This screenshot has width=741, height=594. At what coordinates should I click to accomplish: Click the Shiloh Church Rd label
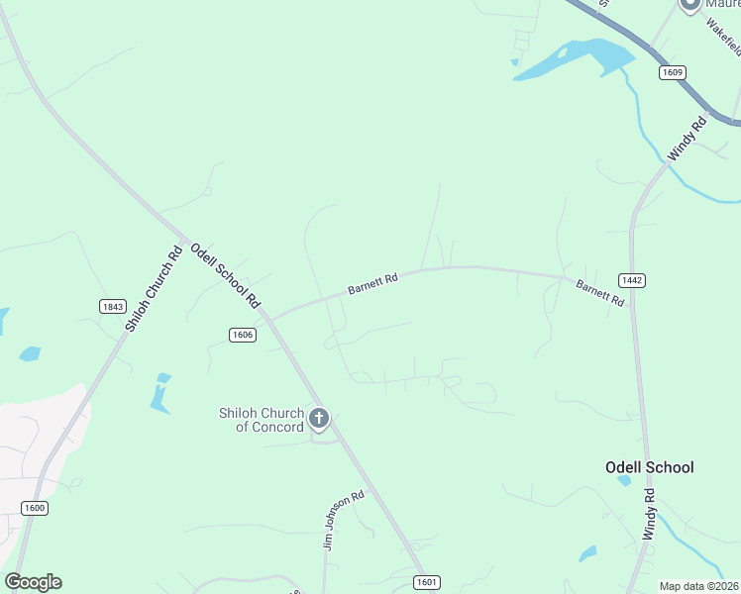point(155,288)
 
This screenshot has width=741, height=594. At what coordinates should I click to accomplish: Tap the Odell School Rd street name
point(225,274)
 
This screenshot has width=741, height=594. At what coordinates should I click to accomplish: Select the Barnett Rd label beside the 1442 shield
point(600,292)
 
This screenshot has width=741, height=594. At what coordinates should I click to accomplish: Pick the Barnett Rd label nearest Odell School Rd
point(372,284)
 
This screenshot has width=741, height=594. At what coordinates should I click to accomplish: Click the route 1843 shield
point(113,307)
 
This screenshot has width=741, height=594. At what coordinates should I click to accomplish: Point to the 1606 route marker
point(244,335)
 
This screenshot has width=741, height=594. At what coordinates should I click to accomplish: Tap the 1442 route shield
point(632,280)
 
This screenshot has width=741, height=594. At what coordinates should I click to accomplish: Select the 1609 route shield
point(673,72)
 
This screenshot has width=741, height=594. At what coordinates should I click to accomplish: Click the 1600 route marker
point(35,508)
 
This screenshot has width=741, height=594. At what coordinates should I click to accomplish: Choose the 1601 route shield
point(426,581)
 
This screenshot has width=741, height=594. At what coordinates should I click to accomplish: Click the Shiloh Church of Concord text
point(263,420)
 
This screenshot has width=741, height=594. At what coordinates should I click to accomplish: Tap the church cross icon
point(318,419)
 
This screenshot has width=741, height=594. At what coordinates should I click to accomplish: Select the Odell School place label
point(650,467)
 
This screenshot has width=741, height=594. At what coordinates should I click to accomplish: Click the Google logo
point(33,582)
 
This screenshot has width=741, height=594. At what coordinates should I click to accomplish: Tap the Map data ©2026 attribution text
point(699,586)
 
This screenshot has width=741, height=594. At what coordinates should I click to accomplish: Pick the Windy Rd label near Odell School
point(649,513)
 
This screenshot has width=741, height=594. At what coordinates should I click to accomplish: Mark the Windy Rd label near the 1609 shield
point(688,140)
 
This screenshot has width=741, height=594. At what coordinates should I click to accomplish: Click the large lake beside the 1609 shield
point(575,60)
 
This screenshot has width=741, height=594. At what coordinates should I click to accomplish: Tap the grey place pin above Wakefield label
point(691,5)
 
